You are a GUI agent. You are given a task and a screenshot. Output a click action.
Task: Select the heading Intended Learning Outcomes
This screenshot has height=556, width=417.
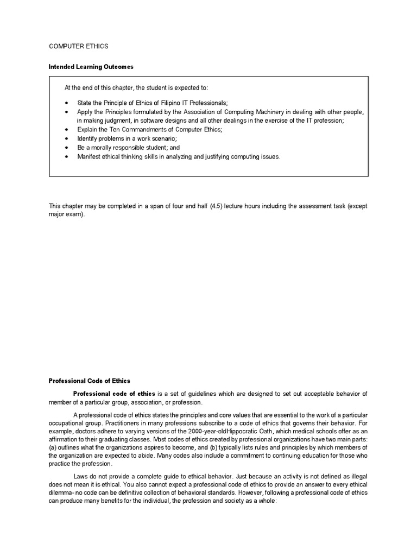pos(91,67)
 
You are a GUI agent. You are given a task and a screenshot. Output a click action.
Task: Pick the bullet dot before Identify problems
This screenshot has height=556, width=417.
pos(66,139)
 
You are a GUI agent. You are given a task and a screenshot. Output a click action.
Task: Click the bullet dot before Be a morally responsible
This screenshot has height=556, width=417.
pos(66,148)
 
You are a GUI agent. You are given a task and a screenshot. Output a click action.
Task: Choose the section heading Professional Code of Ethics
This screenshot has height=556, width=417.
pos(90,381)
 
